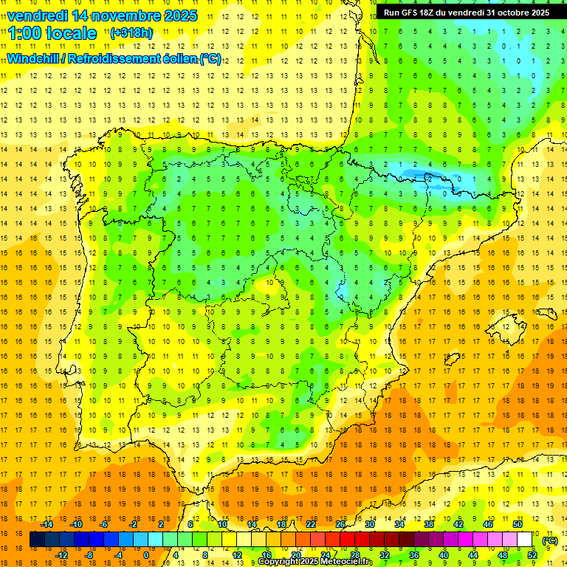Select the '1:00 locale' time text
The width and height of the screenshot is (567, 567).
pos(52,33)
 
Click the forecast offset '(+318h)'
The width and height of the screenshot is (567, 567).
pos(131,33)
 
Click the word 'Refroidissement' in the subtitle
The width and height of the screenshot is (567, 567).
pos(118,59)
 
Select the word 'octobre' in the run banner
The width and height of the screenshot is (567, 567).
pos(512,13)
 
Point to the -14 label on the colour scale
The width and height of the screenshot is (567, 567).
pos(46,524)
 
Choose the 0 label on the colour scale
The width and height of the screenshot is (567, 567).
pos(146,555)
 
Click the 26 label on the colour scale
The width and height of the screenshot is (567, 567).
pos(340,524)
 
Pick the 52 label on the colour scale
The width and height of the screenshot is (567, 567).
pos(532,555)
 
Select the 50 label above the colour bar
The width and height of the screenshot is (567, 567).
pos(518,524)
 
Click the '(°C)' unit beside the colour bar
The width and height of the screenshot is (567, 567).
pos(550,540)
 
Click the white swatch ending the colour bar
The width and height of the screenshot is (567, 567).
pos(525,540)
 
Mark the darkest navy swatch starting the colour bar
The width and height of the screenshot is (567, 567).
pos(37,540)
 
